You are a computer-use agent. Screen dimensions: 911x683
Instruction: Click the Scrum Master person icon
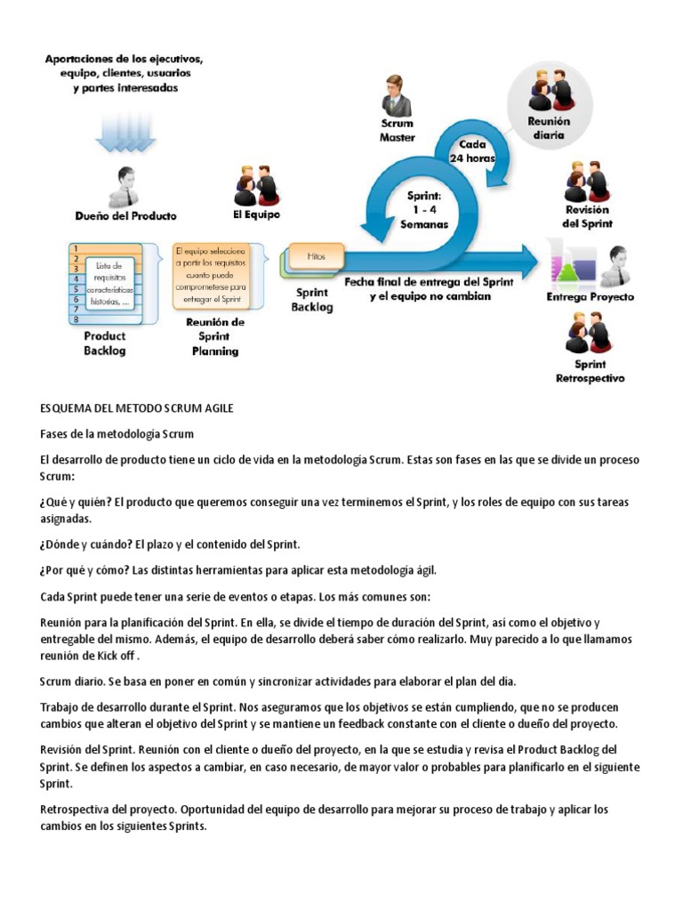(395, 95)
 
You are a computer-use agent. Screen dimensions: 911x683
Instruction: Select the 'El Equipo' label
(255, 214)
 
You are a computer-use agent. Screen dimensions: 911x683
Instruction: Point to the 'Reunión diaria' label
(548, 128)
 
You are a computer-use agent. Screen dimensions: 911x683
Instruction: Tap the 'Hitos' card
(316, 256)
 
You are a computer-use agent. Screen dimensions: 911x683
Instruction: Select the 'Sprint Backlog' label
(312, 299)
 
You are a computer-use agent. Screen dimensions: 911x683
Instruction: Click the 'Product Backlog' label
(104, 343)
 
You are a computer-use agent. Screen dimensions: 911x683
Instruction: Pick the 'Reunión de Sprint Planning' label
(214, 336)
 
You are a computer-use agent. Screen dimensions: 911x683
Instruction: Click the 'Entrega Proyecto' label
(590, 296)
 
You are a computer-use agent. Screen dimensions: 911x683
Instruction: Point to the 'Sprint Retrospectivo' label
(590, 371)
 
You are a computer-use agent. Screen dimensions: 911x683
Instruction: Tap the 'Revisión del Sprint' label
(588, 217)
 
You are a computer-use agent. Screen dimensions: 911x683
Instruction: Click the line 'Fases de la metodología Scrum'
(117, 433)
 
